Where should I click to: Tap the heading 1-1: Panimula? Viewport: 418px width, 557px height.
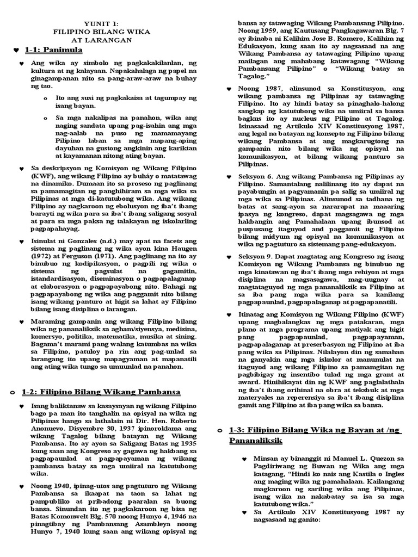click(53, 51)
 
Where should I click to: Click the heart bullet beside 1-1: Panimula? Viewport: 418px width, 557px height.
click(15, 51)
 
